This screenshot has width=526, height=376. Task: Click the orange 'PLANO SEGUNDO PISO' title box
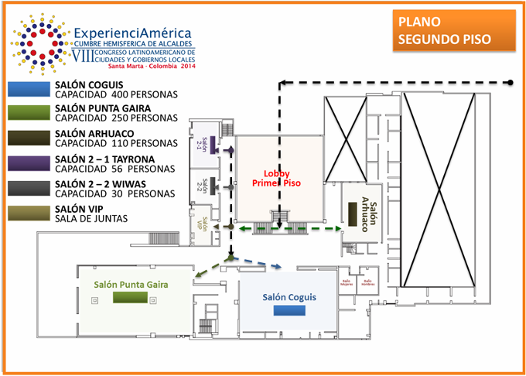pos(453,31)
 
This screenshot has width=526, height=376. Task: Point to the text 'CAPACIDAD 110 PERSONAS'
pos(116,144)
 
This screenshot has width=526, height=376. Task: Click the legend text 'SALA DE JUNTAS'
pos(91,219)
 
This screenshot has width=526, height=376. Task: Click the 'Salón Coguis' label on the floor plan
pos(289,297)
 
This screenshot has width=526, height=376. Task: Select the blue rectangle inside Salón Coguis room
pos(289,310)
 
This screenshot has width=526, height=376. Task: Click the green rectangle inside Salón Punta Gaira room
pos(129,297)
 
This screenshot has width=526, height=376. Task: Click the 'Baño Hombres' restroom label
pos(367,282)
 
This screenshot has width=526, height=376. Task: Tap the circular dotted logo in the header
pos(36,40)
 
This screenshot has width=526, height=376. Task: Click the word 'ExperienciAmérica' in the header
pos(134,34)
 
